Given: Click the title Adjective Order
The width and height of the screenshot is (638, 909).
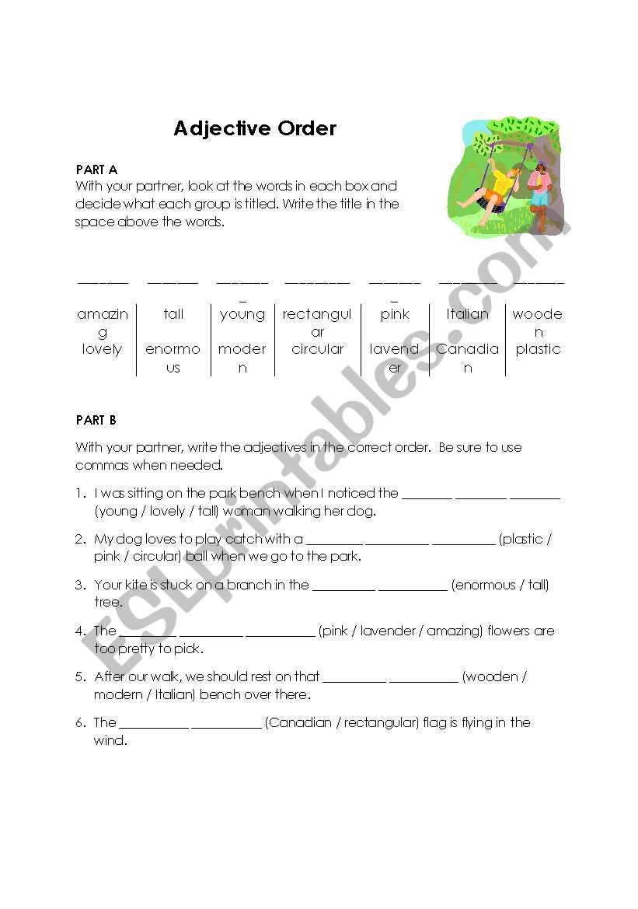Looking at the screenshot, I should [x=255, y=128].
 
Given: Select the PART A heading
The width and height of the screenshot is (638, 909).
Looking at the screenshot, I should [x=96, y=169].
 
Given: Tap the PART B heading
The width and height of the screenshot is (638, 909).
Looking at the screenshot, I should [x=96, y=420].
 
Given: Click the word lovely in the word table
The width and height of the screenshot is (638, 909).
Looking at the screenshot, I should [x=102, y=349].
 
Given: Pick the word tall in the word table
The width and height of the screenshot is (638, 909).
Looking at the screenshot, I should [x=173, y=314].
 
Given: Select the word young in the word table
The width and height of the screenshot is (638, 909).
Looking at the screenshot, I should [x=242, y=314].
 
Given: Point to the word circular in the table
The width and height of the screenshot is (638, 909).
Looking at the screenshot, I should [x=317, y=349].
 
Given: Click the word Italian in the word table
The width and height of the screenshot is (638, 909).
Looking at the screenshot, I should [x=467, y=314].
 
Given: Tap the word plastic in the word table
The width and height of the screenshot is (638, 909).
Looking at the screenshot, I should [x=538, y=349].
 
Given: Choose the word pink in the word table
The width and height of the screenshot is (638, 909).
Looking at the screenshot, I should [x=395, y=314].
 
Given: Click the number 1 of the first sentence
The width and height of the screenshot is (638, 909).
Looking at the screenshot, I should [x=80, y=493].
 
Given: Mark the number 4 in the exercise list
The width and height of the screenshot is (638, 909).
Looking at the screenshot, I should [x=80, y=631].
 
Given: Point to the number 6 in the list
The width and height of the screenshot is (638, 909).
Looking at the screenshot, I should [x=80, y=722].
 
